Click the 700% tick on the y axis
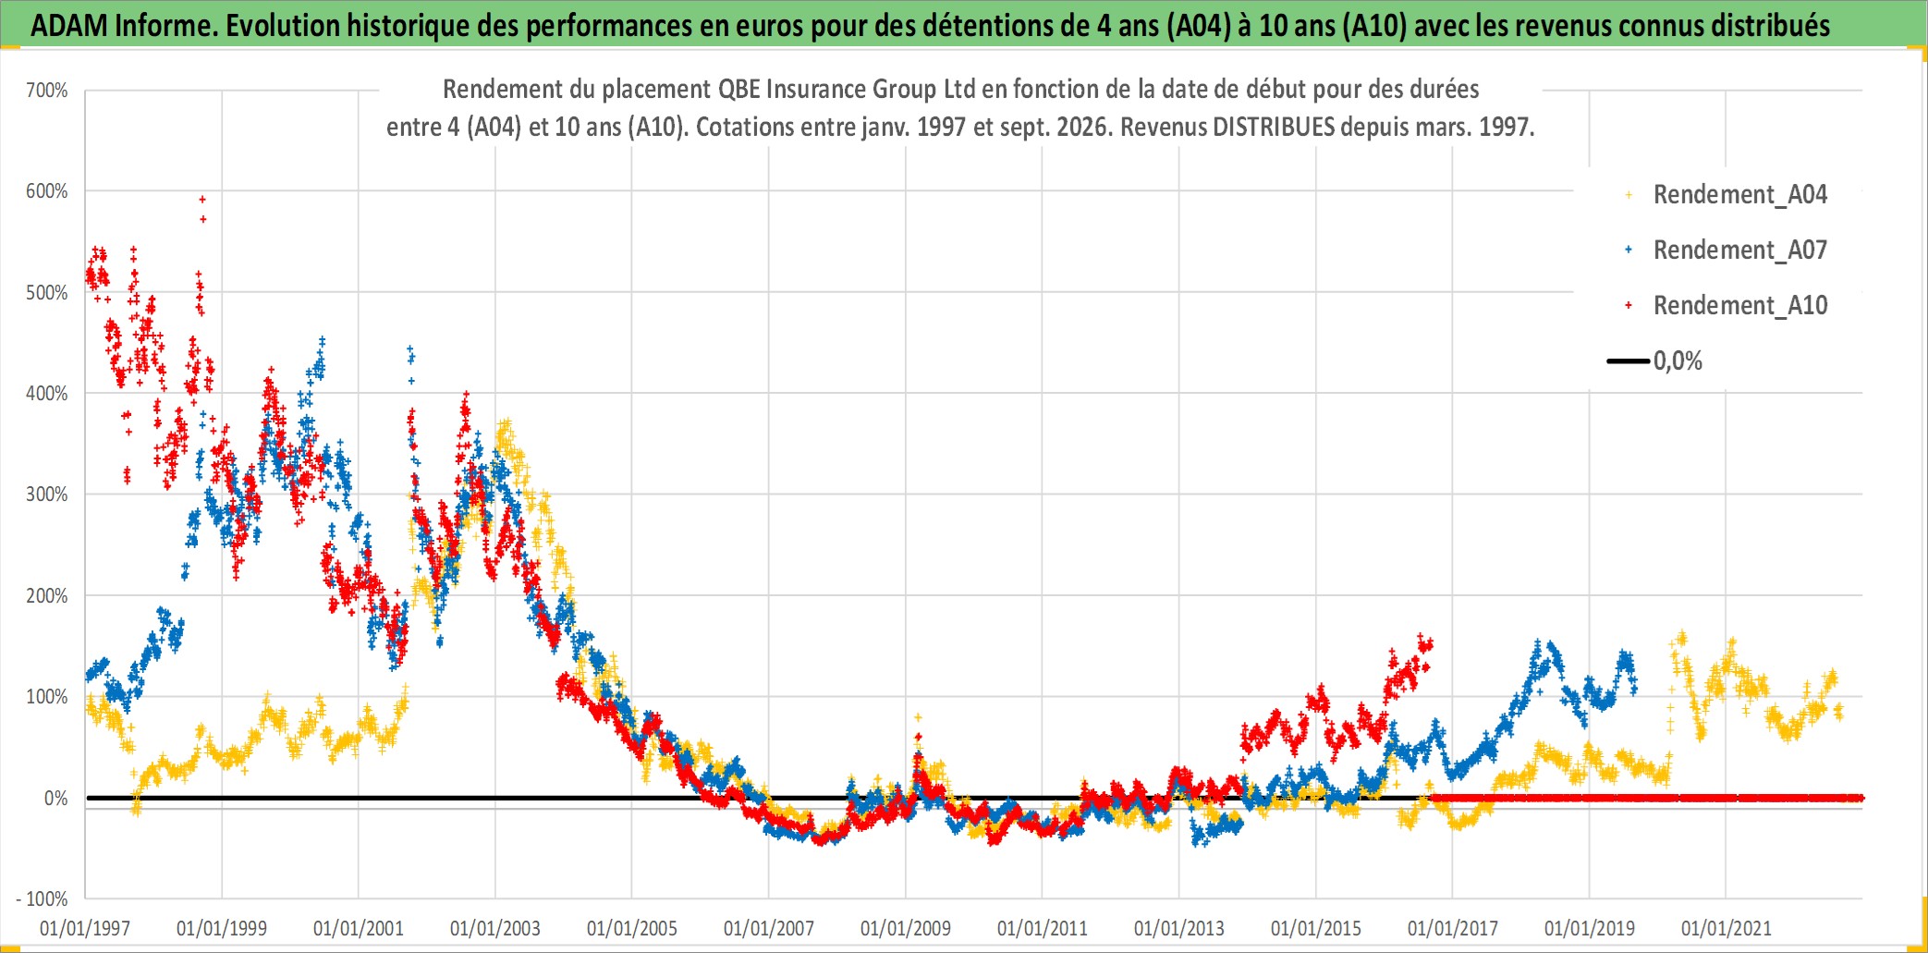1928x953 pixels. click(x=46, y=91)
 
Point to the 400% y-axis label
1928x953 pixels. click(x=46, y=394)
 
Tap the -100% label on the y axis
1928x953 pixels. click(x=42, y=898)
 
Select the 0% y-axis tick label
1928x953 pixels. click(x=55, y=799)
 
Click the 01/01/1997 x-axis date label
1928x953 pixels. click(x=85, y=928)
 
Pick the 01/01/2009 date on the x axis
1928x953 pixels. click(x=906, y=928)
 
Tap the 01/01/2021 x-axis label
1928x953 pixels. click(x=1727, y=928)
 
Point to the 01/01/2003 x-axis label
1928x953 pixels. click(x=495, y=928)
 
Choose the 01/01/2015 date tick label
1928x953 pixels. click(x=1316, y=928)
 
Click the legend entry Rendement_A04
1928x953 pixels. click(x=1740, y=195)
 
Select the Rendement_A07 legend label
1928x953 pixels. click(x=1740, y=250)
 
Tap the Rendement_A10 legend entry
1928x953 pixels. click(x=1740, y=306)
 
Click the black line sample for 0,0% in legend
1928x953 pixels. click(x=1629, y=360)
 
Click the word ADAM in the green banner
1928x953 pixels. click(x=69, y=26)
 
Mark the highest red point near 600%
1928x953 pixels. click(x=202, y=199)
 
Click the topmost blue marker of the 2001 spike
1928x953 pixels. click(x=410, y=349)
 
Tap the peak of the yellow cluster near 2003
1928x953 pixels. click(x=506, y=423)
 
